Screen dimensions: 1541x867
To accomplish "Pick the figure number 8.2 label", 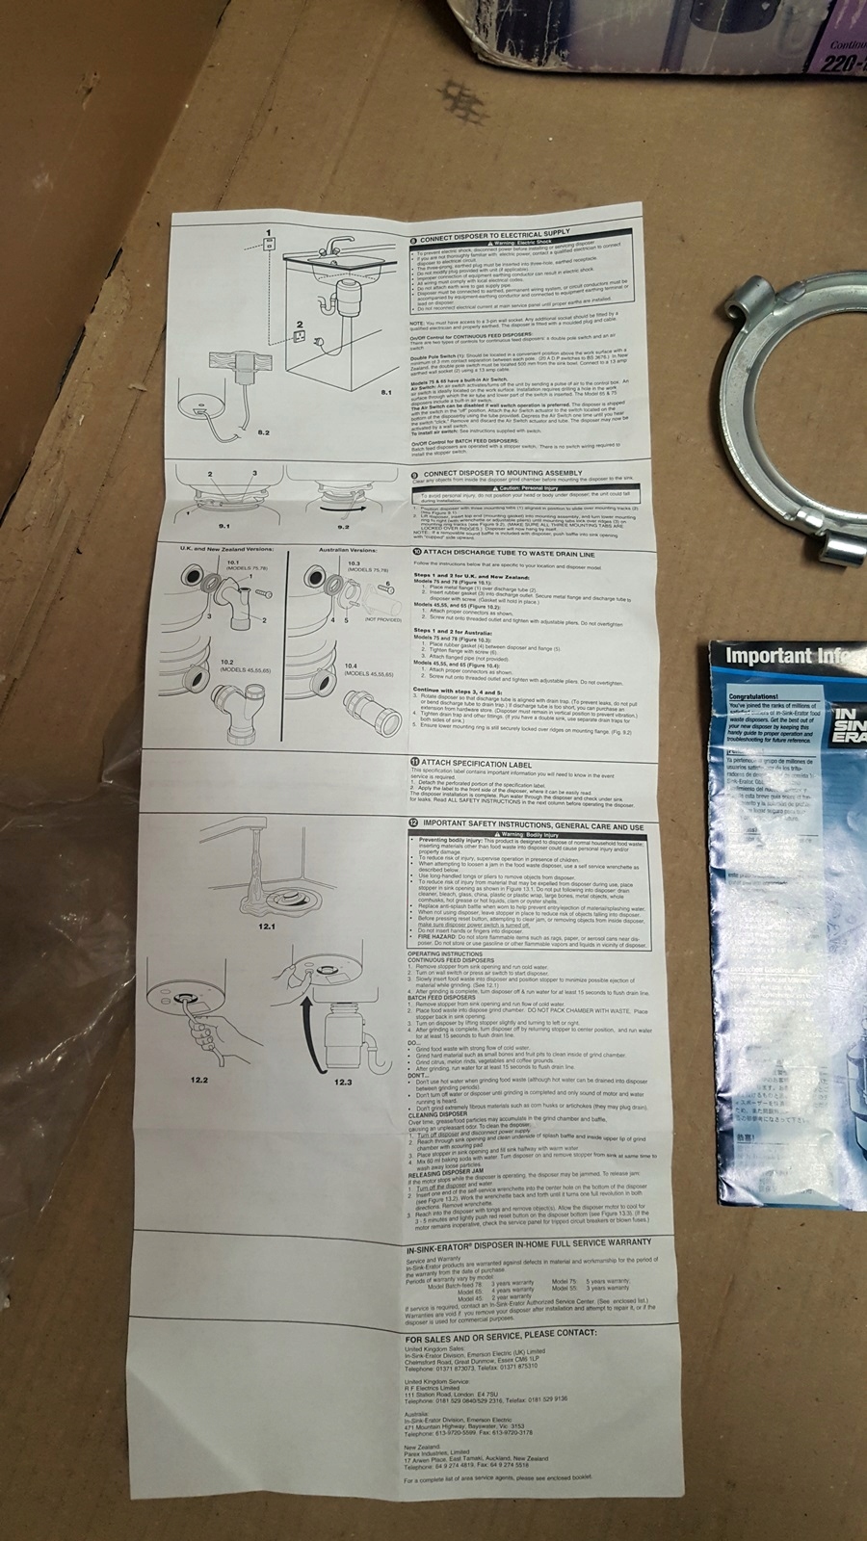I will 263,432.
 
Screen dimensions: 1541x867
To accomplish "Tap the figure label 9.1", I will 224,526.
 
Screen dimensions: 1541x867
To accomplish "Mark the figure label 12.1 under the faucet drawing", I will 267,926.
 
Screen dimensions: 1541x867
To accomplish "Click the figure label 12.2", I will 200,1081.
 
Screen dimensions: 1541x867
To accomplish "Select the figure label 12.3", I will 344,1082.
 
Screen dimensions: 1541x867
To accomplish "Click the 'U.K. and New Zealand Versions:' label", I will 226,549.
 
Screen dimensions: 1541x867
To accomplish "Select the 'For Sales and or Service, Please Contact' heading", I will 500,1337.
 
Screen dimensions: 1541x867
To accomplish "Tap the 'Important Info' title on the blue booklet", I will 782,657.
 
